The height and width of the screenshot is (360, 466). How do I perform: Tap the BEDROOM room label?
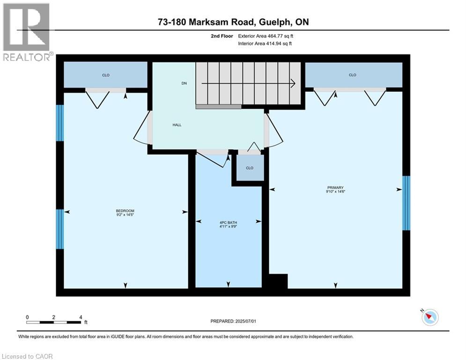tap(125, 210)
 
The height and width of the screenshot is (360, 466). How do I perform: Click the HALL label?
tap(177, 125)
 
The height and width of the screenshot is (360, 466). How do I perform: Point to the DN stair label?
tap(184, 83)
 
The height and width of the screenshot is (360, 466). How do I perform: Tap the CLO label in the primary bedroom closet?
tap(353, 75)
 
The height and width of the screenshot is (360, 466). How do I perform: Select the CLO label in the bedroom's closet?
tap(106, 75)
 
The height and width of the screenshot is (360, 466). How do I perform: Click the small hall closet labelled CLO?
tap(250, 168)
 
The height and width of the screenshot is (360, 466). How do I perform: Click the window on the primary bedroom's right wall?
tap(406, 203)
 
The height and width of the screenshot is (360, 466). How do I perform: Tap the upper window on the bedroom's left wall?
tap(60, 123)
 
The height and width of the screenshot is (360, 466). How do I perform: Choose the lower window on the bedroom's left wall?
tap(60, 229)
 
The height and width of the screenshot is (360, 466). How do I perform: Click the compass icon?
tap(429, 317)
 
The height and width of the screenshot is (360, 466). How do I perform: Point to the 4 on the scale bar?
tap(81, 317)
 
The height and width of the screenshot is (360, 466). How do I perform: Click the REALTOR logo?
tap(27, 31)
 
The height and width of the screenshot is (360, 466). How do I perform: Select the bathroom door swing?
tap(213, 158)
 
